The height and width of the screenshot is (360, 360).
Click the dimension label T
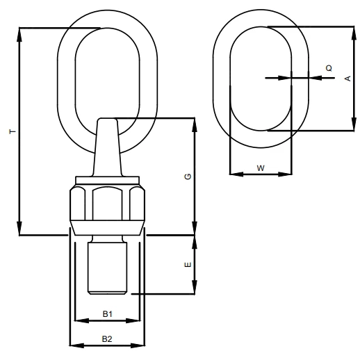coord(13,131)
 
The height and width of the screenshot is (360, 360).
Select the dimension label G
coord(188,177)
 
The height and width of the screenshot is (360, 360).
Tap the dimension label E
coord(188,265)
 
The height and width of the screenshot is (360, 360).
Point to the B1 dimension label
coord(108,314)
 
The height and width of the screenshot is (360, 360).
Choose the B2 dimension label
coord(107,339)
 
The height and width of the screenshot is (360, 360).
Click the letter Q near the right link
coord(329,68)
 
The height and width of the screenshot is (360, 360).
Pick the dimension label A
coord(348,79)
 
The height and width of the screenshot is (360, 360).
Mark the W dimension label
coord(261,168)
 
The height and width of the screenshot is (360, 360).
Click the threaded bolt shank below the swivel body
coord(107,268)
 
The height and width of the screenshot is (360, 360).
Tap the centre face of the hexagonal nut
coord(107,204)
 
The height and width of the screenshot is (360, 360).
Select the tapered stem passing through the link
coord(108,147)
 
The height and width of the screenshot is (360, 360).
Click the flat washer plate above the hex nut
coord(108,180)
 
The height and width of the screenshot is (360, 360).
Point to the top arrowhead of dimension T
coord(19,35)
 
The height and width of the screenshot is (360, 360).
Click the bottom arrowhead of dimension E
coord(195,287)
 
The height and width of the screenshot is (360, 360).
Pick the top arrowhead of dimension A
coord(354,34)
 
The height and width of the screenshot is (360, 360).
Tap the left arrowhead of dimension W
coord(236,174)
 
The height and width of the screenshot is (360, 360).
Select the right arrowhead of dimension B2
coord(138,345)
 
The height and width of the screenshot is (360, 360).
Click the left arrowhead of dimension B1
coord(82,320)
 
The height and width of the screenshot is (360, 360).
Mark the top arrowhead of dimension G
coord(195,125)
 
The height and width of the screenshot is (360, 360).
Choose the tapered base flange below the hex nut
coord(108,228)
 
